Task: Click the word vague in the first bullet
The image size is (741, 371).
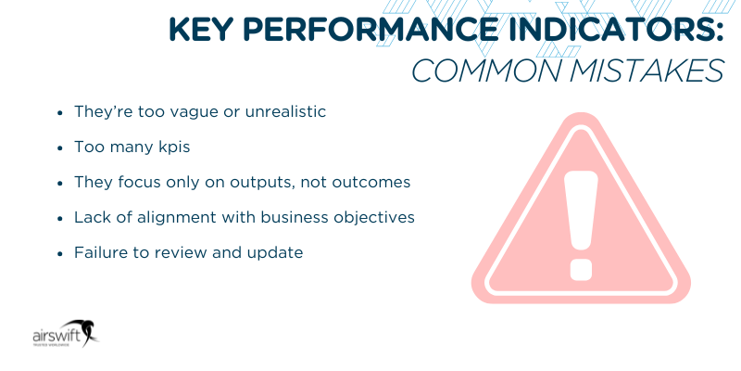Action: pyautogui.click(x=190, y=111)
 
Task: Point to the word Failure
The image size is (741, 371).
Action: pyautogui.click(x=100, y=252)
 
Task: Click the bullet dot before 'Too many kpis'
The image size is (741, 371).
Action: pyautogui.click(x=60, y=147)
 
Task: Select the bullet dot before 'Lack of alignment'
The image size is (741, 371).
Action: pyautogui.click(x=60, y=217)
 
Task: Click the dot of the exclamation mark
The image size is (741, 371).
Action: pyautogui.click(x=581, y=266)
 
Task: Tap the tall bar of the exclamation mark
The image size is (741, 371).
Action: pyautogui.click(x=581, y=199)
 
